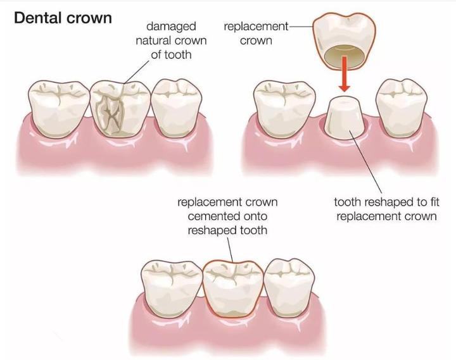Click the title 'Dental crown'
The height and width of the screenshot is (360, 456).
(62, 17)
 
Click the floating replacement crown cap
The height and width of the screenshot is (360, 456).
(341, 35)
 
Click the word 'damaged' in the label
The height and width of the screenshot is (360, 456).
(170, 27)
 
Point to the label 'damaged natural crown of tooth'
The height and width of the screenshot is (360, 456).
(170, 41)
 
